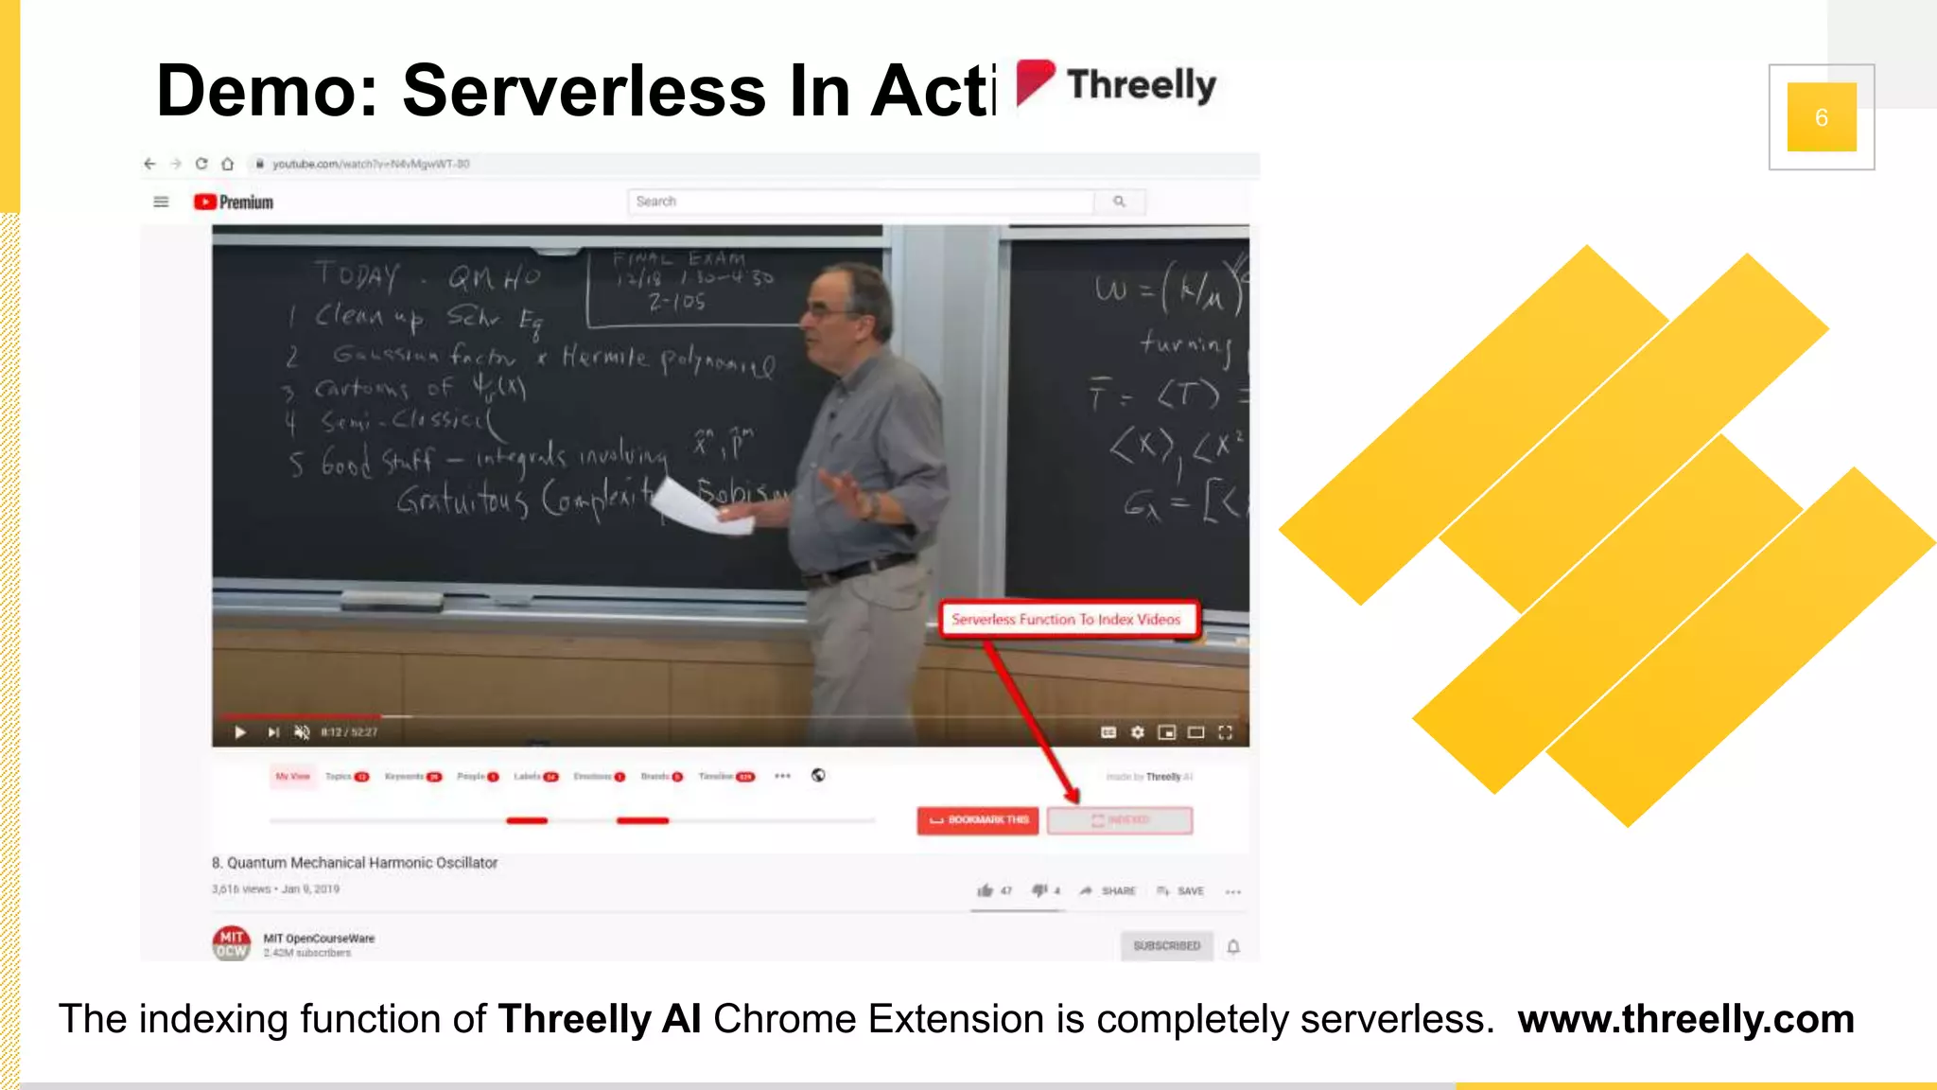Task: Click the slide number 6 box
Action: tap(1821, 117)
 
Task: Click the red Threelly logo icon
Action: tap(1035, 82)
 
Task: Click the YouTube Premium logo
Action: tap(234, 202)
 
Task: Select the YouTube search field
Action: tap(860, 202)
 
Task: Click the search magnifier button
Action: tap(1119, 202)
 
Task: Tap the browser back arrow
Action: tap(149, 164)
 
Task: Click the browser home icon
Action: tap(228, 164)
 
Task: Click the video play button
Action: tap(240, 731)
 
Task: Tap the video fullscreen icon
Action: tap(1225, 732)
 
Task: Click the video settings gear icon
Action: tap(1138, 732)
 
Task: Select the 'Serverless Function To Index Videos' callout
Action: tap(1066, 620)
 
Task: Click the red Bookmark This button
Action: tap(978, 819)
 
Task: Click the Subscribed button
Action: tap(1166, 945)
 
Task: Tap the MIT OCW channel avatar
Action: tap(231, 942)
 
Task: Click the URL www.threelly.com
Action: tap(1685, 1019)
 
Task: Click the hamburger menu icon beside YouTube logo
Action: tap(161, 202)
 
